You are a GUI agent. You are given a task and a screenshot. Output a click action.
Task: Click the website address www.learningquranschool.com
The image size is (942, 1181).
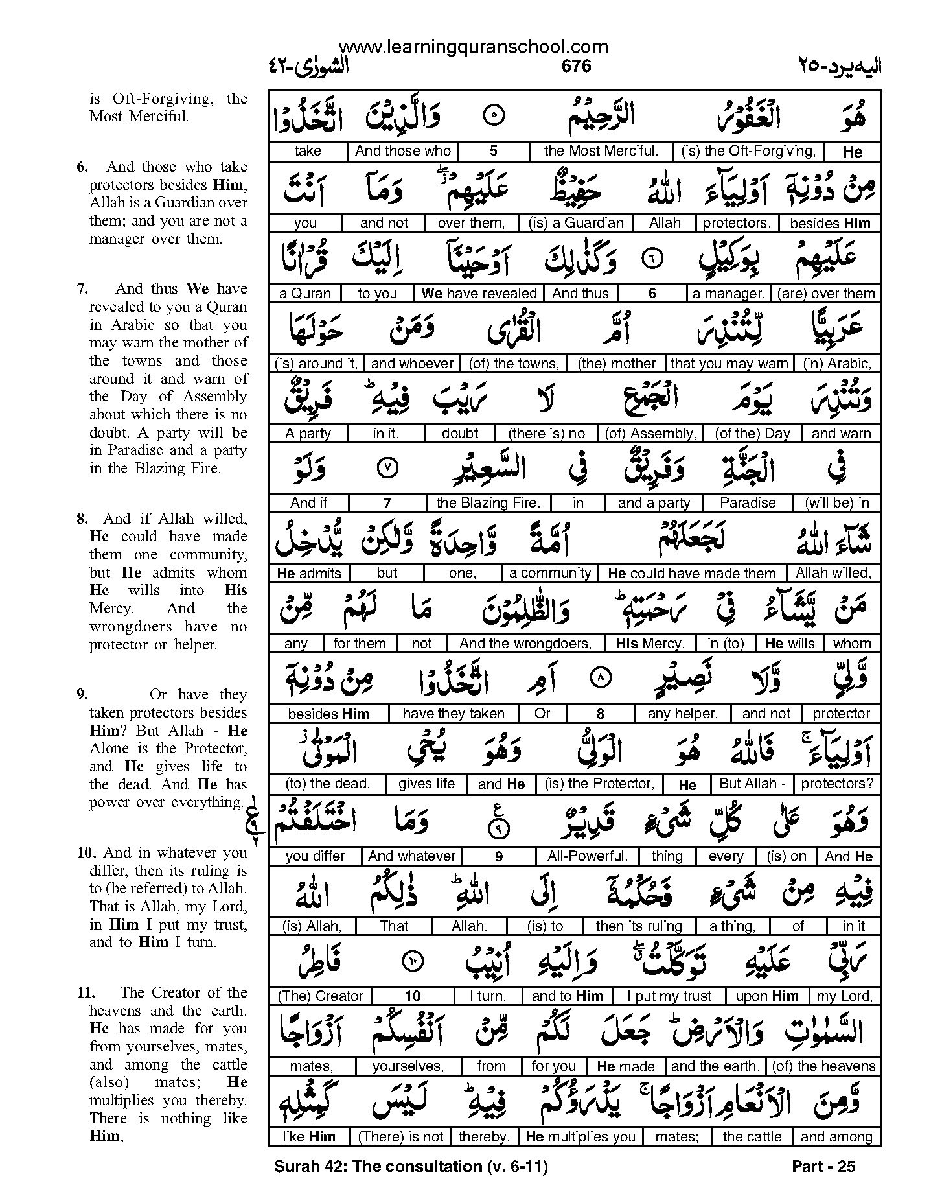click(473, 46)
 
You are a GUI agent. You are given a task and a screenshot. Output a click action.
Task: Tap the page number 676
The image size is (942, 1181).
click(577, 65)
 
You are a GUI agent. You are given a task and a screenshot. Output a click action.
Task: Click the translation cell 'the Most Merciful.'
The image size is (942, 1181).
click(601, 152)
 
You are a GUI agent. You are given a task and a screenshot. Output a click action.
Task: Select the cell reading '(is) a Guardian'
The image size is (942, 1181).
click(576, 223)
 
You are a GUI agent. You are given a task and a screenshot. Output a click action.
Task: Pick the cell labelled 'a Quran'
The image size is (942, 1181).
click(304, 294)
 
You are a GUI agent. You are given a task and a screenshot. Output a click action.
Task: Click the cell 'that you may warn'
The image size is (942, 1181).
click(729, 364)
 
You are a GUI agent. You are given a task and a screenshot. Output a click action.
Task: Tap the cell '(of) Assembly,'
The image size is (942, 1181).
click(650, 434)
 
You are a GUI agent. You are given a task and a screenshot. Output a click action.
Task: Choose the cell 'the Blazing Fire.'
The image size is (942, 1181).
click(488, 503)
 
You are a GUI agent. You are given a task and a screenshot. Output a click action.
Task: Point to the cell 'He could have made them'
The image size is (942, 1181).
click(691, 574)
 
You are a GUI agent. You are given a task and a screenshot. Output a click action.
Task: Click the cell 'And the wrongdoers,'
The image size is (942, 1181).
click(525, 644)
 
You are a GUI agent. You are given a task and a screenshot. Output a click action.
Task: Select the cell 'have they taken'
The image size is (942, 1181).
click(453, 714)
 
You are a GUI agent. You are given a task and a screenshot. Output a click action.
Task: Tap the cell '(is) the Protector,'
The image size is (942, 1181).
click(599, 784)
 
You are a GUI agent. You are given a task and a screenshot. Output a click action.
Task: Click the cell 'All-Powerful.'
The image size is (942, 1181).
click(588, 856)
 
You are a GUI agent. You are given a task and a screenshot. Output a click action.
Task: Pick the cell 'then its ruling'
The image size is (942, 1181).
click(639, 926)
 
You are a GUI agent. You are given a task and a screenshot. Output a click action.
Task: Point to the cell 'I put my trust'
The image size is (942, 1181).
click(669, 996)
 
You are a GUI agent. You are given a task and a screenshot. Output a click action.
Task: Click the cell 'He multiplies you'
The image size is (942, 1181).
click(580, 1136)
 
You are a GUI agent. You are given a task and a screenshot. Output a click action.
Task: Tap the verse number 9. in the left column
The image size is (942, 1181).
click(83, 695)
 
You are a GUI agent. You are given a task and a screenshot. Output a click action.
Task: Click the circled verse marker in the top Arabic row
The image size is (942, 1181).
click(494, 117)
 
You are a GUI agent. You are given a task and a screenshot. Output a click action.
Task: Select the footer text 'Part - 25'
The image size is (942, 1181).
click(823, 1167)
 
